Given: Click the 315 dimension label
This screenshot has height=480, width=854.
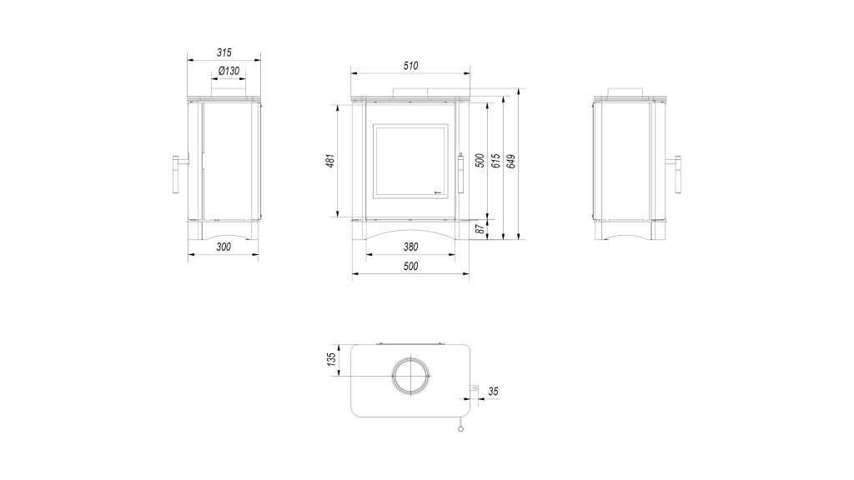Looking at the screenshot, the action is coord(224,52).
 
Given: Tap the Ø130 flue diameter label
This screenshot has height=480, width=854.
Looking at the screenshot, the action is coord(229,71).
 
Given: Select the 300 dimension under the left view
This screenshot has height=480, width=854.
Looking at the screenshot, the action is coord(224,247).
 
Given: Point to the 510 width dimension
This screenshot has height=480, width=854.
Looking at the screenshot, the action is coord(410,66).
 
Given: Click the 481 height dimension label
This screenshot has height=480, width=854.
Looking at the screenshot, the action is coord(330,161).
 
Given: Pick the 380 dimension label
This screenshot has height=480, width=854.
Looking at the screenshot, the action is coord(410,247).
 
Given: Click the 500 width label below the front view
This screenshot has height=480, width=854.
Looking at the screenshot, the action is coord(410,266).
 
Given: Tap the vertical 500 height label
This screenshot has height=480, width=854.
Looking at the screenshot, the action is coord(480,161).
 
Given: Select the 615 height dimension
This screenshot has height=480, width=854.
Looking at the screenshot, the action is coord(495,161).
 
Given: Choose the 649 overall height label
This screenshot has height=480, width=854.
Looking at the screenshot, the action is coord(511,161).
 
